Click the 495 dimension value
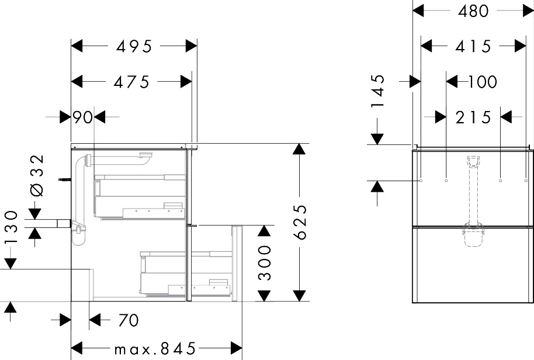click(x=134, y=46)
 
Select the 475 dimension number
click(x=131, y=82)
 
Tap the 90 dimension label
click(x=83, y=117)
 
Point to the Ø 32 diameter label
click(x=37, y=175)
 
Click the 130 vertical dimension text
click(x=11, y=227)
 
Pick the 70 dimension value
click(x=129, y=320)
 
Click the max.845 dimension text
click(x=155, y=348)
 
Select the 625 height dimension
click(x=301, y=222)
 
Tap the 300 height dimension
click(x=265, y=263)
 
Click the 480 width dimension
click(x=473, y=11)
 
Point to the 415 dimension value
click(x=473, y=46)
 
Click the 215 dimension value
click(x=473, y=118)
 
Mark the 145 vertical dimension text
click(x=377, y=91)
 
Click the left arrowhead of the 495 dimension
click(x=77, y=46)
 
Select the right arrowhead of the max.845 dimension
click(x=237, y=348)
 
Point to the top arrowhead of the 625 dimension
click(x=299, y=149)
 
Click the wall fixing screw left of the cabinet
click(x=65, y=180)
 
